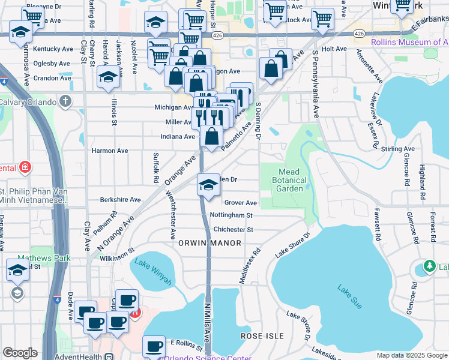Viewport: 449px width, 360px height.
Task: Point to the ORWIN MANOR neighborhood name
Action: (x=209, y=243)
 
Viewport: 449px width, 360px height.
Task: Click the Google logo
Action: (x=20, y=353)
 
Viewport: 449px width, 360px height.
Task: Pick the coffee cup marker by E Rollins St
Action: (x=154, y=346)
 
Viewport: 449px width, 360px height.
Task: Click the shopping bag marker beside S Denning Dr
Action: (x=271, y=69)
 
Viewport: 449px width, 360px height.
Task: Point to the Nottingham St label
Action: (x=231, y=215)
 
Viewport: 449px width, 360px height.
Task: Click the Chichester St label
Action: (x=233, y=229)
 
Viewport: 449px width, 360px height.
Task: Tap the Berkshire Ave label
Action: (x=120, y=199)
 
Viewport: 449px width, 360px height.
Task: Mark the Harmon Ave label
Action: (x=109, y=151)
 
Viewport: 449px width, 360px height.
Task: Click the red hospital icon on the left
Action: (x=25, y=167)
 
